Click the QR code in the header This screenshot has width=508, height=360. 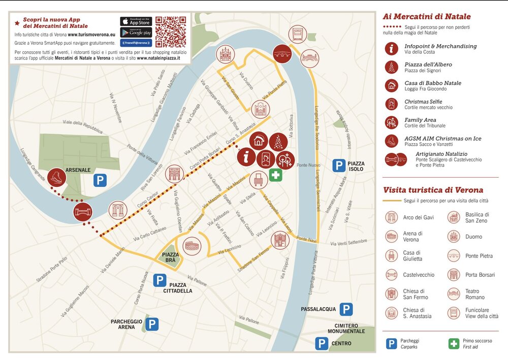coord(171,32)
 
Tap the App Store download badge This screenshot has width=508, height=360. coord(136,21)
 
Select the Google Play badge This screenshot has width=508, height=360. coord(136,32)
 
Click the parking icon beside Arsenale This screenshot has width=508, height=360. coord(100,180)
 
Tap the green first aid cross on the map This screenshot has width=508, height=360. coord(275,175)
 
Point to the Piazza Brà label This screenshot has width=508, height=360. coord(169,257)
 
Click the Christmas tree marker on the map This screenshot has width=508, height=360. coord(278,142)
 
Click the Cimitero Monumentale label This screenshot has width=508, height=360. coord(346,328)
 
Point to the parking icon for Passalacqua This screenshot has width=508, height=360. coord(346,309)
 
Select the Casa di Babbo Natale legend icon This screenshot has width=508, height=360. coord(391,85)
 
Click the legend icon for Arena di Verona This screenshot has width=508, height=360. coord(391,237)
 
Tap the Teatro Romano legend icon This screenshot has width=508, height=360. coord(454,294)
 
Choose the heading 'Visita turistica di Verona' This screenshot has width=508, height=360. coord(433,190)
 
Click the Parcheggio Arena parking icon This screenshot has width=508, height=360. coord(152,323)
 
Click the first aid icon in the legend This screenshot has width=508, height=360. coord(453,344)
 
